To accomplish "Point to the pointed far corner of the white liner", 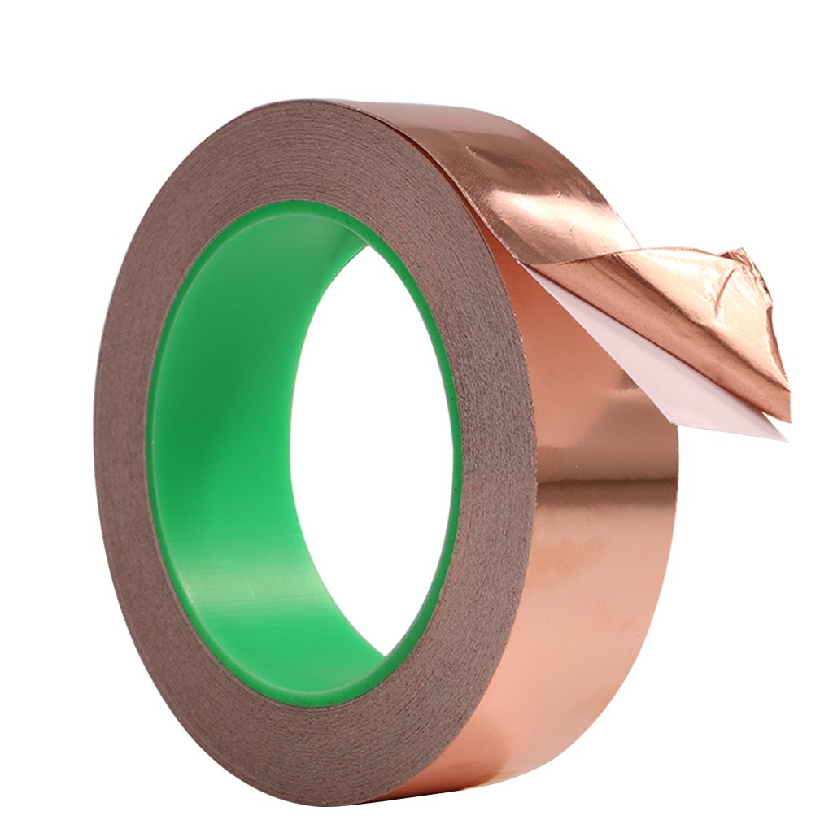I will tap(786, 438).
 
